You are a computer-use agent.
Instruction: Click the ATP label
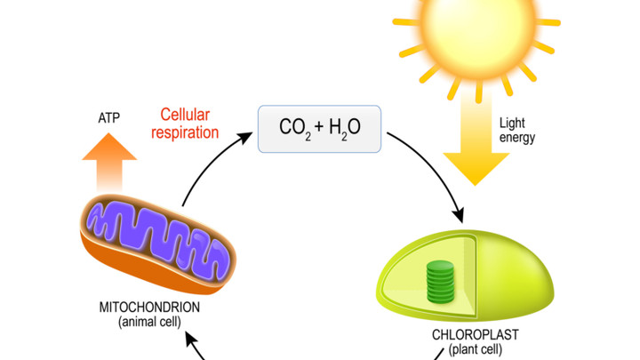(109, 118)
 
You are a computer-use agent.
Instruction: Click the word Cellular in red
(185, 115)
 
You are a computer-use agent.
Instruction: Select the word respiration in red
(185, 132)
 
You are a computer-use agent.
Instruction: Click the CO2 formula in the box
(295, 128)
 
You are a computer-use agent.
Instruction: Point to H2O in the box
(345, 128)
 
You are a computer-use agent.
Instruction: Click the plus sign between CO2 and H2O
(319, 126)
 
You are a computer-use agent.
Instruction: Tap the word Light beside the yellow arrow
(512, 123)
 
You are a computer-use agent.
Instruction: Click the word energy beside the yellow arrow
(517, 138)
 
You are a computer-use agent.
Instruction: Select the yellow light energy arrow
(476, 139)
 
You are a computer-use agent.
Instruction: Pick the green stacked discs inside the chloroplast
(440, 282)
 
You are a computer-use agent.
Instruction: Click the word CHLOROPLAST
(475, 335)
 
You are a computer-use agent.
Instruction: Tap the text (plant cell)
(475, 349)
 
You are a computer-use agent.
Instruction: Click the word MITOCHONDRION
(149, 307)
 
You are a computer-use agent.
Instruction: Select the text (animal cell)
(149, 322)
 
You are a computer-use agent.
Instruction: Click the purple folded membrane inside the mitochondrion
(157, 236)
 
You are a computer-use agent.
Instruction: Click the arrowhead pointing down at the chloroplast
(459, 215)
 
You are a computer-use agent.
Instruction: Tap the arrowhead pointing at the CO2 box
(245, 138)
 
